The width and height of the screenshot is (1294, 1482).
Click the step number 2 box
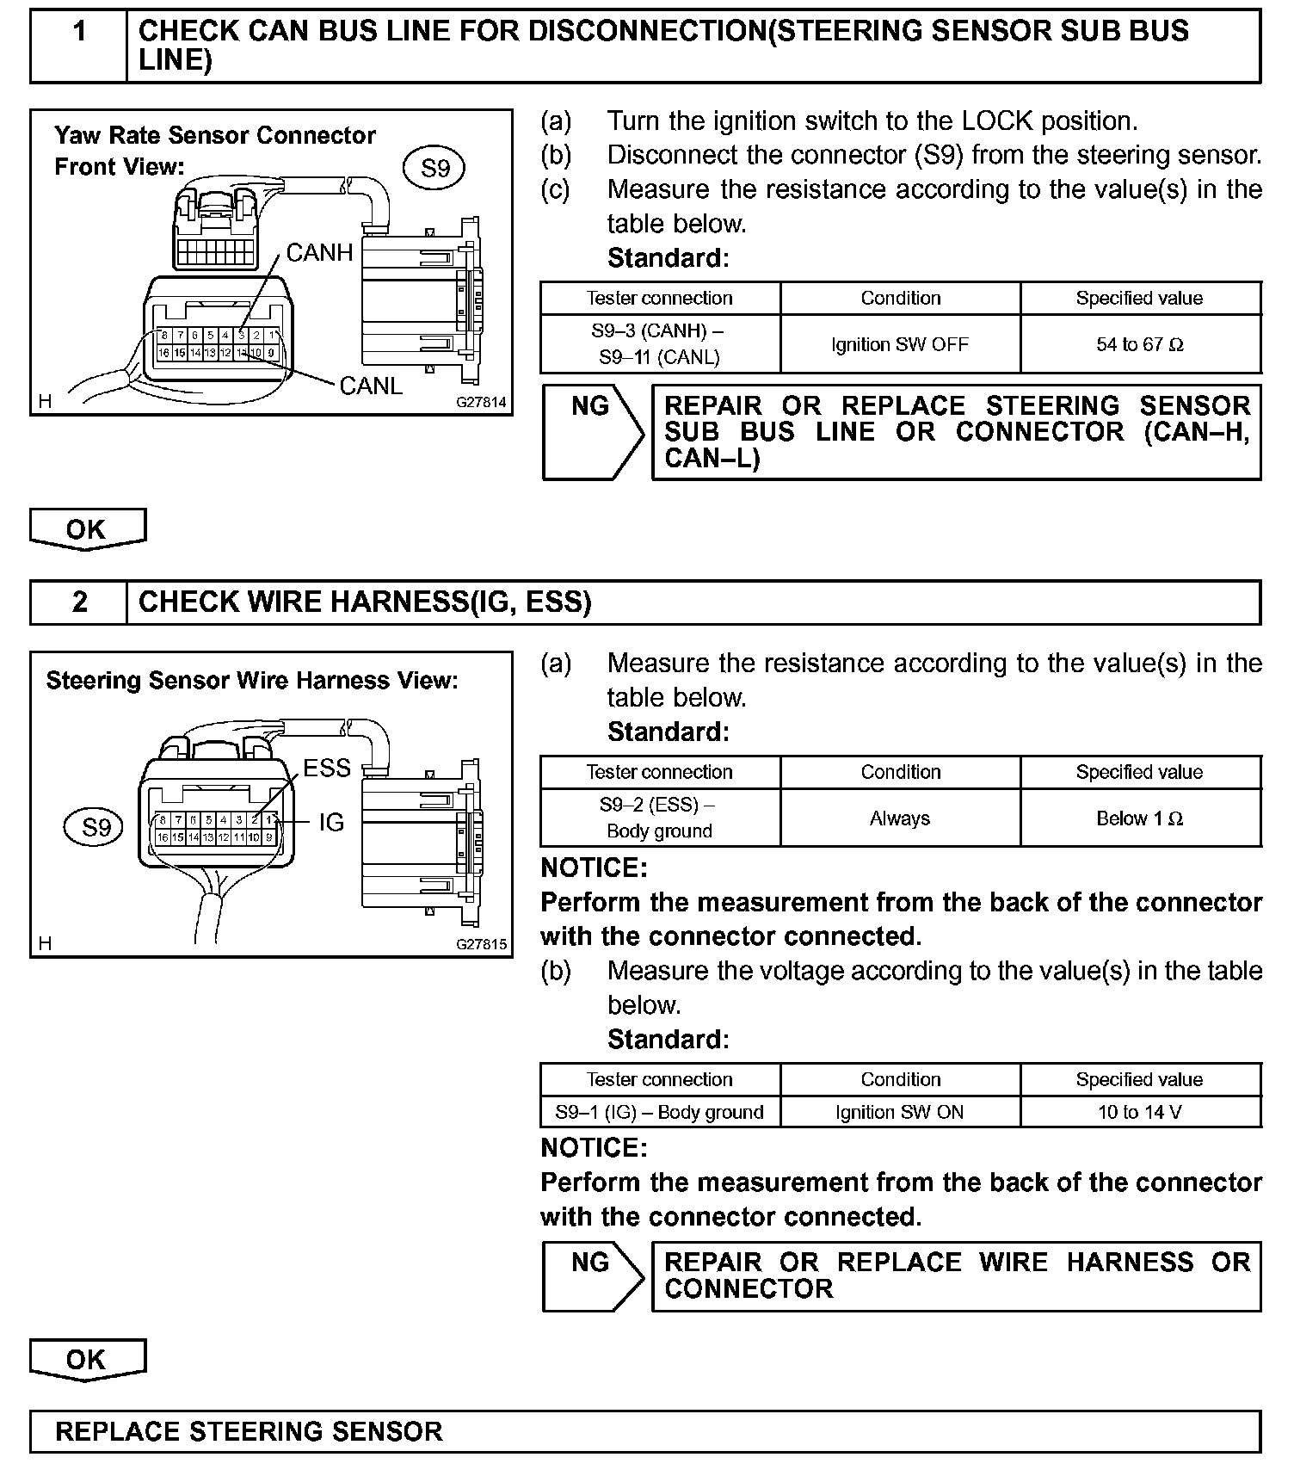click(79, 602)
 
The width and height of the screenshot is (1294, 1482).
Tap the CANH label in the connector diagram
click(319, 253)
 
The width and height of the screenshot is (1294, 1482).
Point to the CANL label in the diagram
click(371, 386)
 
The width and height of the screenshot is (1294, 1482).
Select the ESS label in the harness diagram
click(327, 768)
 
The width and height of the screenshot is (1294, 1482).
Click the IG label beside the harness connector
click(331, 823)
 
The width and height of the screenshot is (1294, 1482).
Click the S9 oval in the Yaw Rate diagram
click(435, 168)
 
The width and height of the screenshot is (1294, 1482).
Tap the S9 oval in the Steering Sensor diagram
click(96, 828)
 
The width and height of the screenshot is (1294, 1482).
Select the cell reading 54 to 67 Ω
click(1140, 345)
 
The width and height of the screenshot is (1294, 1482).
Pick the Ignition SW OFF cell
click(900, 345)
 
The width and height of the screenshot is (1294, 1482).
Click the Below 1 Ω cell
click(1140, 818)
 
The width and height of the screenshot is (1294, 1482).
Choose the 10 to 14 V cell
click(1140, 1112)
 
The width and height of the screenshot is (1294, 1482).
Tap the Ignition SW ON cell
click(900, 1112)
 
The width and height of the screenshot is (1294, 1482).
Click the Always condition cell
click(900, 818)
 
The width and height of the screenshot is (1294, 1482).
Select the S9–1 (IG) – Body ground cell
click(660, 1112)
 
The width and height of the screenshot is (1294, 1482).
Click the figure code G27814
click(482, 402)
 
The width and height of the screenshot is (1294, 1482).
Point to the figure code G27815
click(482, 944)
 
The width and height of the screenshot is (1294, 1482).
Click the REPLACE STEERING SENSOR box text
click(249, 1431)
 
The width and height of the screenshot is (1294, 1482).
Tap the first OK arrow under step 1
click(87, 529)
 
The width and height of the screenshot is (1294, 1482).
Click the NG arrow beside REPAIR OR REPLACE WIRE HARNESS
click(593, 1275)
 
